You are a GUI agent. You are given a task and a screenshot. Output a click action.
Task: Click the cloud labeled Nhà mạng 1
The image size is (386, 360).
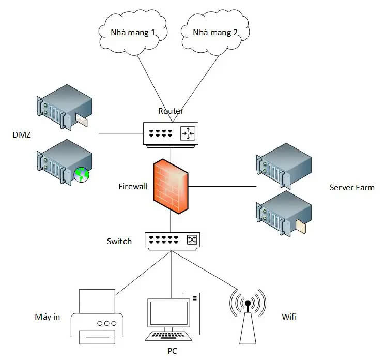pos(132,32)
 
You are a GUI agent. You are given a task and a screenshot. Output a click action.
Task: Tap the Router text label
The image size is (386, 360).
pos(171,111)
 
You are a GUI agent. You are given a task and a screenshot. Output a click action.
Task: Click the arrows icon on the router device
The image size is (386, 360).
pos(188,134)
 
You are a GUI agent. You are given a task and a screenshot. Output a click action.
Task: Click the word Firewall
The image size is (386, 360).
pos(133,185)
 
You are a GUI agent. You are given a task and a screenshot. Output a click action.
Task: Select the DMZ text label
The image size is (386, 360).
pos(21,136)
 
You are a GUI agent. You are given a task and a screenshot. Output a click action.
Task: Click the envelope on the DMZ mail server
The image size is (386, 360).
pos(81,120)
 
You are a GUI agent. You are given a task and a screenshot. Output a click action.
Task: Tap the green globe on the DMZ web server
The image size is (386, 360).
pos(81,175)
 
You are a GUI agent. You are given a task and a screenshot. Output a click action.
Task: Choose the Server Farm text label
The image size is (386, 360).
pos(352,187)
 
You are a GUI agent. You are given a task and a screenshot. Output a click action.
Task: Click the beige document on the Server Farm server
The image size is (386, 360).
pos(301,226)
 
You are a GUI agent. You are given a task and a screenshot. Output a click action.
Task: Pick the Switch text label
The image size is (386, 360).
pos(119,241)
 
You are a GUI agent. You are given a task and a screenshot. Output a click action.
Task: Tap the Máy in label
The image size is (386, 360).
pos(47,317)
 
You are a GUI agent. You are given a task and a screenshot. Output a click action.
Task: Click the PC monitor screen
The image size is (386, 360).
pos(164,314)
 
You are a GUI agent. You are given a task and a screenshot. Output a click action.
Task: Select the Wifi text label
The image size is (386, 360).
pos(289,317)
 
